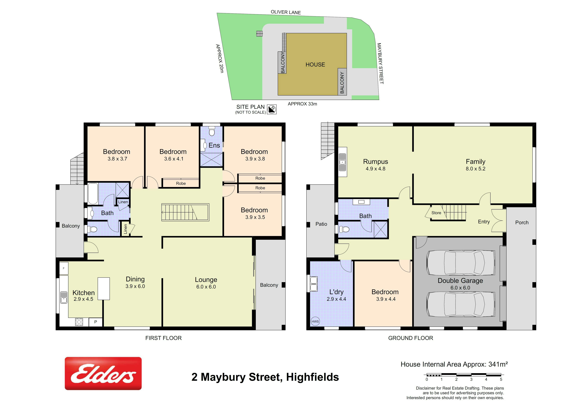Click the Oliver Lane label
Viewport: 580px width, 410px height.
pos(286,12)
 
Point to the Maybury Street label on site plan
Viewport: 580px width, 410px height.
pos(380,63)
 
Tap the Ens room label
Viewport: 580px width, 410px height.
pos(214,145)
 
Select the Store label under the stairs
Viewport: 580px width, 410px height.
pos(436,213)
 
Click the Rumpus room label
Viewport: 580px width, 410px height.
pos(375,161)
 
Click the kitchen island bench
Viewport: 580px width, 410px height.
pos(104,289)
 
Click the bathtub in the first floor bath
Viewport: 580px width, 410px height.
pos(93,194)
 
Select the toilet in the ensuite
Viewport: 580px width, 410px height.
pos(212,131)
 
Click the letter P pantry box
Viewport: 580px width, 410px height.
pos(95,322)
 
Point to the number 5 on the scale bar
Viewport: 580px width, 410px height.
pos(501,379)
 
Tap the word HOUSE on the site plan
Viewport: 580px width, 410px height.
pos(315,65)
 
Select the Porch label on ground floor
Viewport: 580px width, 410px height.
pos(522,222)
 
